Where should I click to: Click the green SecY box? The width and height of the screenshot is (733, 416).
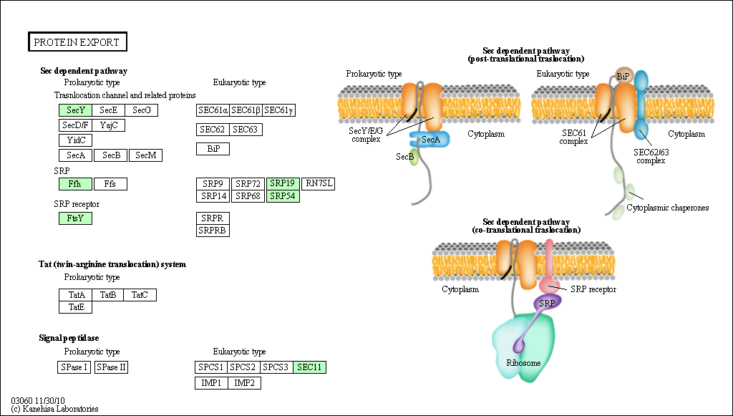pyautogui.click(x=76, y=110)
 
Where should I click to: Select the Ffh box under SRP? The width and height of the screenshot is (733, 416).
pyautogui.click(x=75, y=184)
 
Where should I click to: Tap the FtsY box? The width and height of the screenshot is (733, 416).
pyautogui.click(x=75, y=218)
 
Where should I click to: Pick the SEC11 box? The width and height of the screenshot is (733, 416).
pyautogui.click(x=309, y=367)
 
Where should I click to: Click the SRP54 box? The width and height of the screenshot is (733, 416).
pyautogui.click(x=283, y=196)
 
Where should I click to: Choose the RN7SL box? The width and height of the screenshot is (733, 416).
pyautogui.click(x=319, y=184)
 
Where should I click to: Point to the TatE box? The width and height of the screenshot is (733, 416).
pyautogui.click(x=76, y=307)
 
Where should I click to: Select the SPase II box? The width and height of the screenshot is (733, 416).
pyautogui.click(x=111, y=367)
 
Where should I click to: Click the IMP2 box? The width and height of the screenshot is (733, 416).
pyautogui.click(x=245, y=383)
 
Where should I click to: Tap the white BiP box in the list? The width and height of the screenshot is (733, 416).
pyautogui.click(x=213, y=149)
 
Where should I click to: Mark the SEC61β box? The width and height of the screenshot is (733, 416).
pyautogui.click(x=246, y=110)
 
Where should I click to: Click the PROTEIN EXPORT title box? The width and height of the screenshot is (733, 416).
pyautogui.click(x=77, y=42)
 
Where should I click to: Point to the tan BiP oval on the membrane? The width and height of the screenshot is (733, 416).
pyautogui.click(x=623, y=76)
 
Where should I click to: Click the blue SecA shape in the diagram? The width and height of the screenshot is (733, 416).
pyautogui.click(x=430, y=140)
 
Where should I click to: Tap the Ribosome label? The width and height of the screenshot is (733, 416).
pyautogui.click(x=523, y=363)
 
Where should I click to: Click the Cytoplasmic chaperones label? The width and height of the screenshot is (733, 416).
pyautogui.click(x=668, y=208)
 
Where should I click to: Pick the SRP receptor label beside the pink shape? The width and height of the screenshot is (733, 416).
pyautogui.click(x=593, y=289)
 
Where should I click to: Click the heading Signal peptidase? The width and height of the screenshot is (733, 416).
pyautogui.click(x=69, y=338)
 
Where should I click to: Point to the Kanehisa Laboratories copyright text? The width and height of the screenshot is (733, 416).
pyautogui.click(x=54, y=409)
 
